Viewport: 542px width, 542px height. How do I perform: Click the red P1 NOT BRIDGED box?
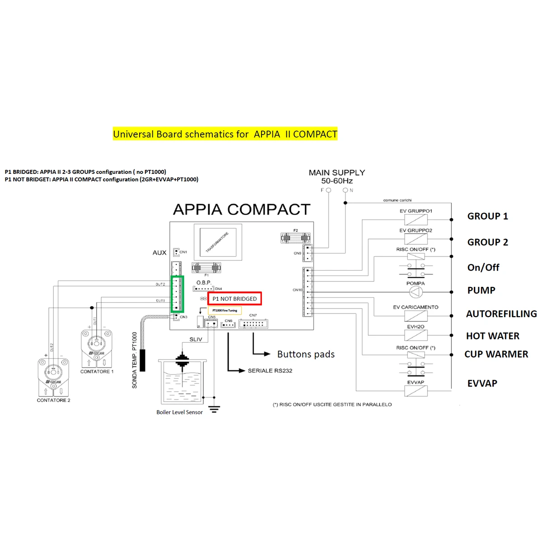coord(234,299)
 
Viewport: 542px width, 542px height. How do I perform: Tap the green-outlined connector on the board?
coord(177,294)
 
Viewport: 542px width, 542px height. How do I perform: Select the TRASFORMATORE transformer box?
coord(217,242)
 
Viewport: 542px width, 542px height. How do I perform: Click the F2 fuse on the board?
coord(295,238)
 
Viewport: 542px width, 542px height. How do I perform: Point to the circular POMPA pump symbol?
coord(416,292)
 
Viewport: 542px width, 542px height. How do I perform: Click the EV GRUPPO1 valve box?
coord(416,220)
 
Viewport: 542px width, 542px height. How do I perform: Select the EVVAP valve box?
coord(416,391)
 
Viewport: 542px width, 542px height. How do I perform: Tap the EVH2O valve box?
coord(416,335)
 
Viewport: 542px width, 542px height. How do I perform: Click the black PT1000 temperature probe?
coord(143,360)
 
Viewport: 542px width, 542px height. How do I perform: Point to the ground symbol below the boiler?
coord(214,410)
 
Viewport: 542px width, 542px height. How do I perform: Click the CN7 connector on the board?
coord(253,324)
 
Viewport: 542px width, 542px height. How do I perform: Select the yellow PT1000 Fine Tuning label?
coord(225,310)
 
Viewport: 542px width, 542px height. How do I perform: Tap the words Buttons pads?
coord(306,354)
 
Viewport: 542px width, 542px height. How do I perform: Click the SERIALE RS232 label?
coord(270,371)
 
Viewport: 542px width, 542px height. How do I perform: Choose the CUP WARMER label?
coord(496,354)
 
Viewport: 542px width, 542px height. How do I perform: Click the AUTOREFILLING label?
coord(501,313)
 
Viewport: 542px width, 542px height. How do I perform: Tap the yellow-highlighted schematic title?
coord(225,134)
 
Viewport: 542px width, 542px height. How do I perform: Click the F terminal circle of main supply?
coord(328,190)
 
